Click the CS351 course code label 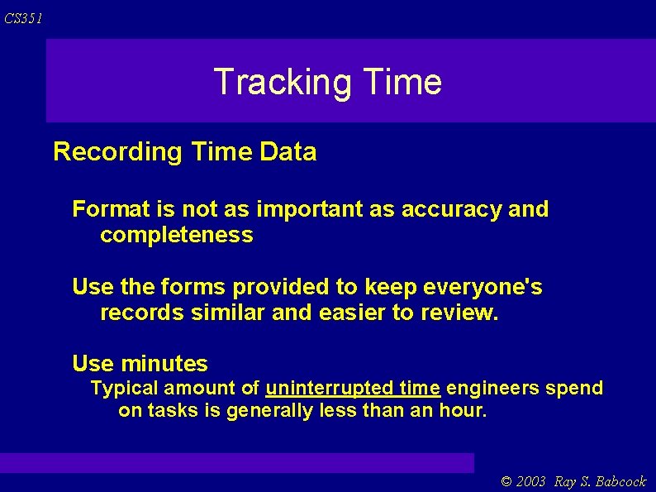22,18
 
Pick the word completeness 176,236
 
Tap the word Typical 124,388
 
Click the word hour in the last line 464,411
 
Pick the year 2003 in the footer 531,482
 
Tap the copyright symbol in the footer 506,482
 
